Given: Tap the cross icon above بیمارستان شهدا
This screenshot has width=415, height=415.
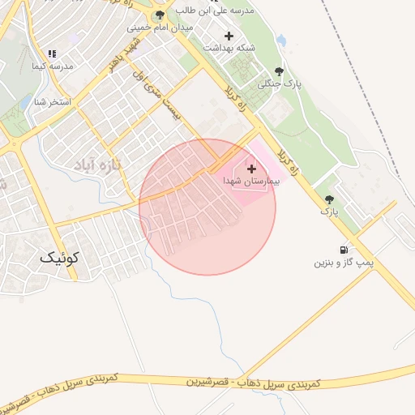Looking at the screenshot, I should click(x=250, y=169).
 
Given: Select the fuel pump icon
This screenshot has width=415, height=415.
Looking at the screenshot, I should click(x=344, y=250).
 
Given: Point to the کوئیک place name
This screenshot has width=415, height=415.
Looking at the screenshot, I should click(x=61, y=258).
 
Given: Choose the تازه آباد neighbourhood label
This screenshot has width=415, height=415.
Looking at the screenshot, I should click(x=96, y=165).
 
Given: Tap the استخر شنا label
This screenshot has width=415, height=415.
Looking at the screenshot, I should click(x=52, y=102).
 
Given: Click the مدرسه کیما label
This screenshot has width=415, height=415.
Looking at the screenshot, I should click(x=52, y=65).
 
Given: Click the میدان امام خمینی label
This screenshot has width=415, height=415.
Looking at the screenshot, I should click(x=159, y=28).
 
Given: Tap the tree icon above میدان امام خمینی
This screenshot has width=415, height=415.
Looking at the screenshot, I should click(x=159, y=15).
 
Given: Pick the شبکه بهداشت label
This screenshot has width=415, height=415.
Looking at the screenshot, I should click(x=229, y=48).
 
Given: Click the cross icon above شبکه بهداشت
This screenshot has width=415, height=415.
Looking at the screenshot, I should click(x=229, y=36).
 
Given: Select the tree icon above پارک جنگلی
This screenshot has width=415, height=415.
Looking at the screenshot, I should click(x=279, y=71).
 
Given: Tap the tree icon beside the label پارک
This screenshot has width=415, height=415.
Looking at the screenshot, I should click(x=329, y=199).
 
